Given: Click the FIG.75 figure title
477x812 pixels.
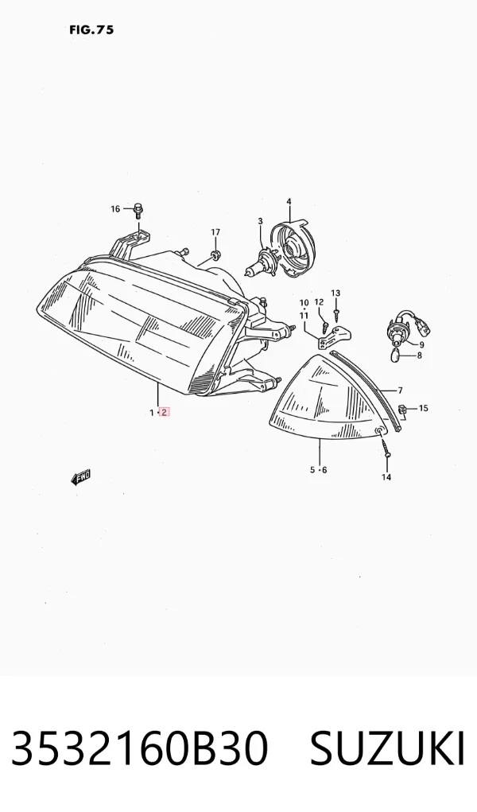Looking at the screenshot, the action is (91, 30).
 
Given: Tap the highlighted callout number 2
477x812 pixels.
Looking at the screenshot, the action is (165, 413).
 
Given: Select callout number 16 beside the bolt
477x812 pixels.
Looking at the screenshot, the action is (115, 209).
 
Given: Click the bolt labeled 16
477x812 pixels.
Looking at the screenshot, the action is (138, 209).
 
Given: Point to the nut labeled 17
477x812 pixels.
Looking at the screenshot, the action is (216, 254).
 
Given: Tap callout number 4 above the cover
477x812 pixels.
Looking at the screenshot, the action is (289, 201).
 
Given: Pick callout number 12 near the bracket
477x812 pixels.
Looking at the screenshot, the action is (319, 302).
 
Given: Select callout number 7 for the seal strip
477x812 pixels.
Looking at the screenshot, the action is (401, 390).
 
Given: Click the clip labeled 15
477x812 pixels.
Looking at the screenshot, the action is (402, 410).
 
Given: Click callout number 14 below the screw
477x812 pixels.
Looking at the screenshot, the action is (386, 477).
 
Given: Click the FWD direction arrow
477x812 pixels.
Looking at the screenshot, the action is (81, 477).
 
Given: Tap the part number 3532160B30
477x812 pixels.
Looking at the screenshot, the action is (140, 749).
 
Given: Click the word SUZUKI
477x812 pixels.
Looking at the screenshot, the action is (387, 749).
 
